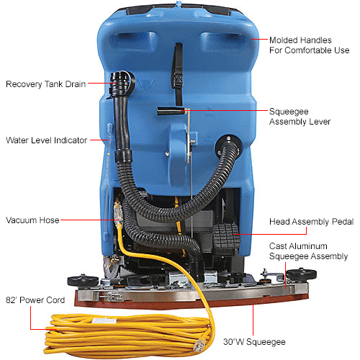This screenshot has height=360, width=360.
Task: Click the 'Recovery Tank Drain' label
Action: coord(45,84)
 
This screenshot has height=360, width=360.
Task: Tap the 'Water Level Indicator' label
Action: coord(45,140)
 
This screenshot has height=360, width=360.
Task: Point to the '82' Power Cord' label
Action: coord(35,300)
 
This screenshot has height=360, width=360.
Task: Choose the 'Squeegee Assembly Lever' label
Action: coord(300,117)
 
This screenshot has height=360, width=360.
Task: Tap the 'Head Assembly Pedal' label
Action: coord(310,222)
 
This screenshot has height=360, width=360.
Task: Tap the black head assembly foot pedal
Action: coord(228,237)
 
